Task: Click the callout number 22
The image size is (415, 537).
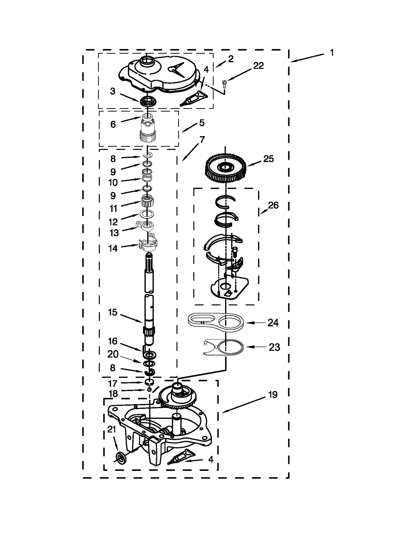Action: point(258,66)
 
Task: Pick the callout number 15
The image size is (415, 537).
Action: point(113,312)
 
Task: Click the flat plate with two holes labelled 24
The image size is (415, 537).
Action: point(215,322)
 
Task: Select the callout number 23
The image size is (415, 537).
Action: point(274,347)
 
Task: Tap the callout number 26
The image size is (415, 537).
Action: point(273,205)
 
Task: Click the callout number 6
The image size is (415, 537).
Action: point(113,124)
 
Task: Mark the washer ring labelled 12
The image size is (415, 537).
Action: point(147,214)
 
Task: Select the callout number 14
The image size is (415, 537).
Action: point(113,248)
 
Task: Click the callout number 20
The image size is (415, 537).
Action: point(113,354)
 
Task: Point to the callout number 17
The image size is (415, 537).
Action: point(113,383)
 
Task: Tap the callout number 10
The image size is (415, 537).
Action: point(113,183)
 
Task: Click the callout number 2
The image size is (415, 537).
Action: point(231,59)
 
